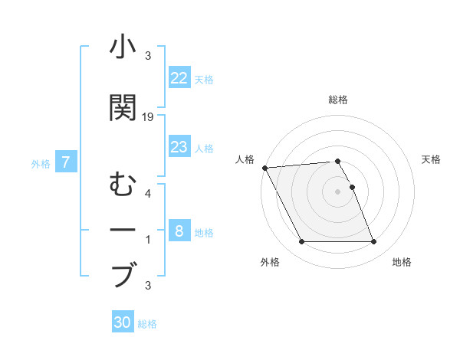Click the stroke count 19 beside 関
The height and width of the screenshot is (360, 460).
[x=149, y=116]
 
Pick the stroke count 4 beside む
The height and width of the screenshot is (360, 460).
[x=148, y=193]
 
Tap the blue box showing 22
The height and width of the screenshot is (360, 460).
[x=179, y=78]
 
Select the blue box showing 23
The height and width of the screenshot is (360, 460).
[x=179, y=147]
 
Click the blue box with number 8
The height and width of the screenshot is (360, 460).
[x=179, y=231]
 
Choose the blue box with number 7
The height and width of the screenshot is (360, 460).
[x=67, y=162]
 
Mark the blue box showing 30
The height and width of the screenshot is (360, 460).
[x=123, y=322]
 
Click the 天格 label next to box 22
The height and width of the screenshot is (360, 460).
[x=203, y=80]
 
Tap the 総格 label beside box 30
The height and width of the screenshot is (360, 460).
[x=147, y=324]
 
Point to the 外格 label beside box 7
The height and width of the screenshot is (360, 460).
[x=41, y=163]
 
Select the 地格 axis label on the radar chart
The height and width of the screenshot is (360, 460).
[x=402, y=262]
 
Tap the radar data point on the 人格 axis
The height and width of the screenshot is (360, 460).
[x=264, y=168]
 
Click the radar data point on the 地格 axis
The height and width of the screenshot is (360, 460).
[x=373, y=242]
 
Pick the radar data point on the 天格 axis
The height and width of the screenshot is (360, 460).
[x=352, y=187]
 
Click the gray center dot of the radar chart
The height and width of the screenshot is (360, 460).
[x=337, y=191]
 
